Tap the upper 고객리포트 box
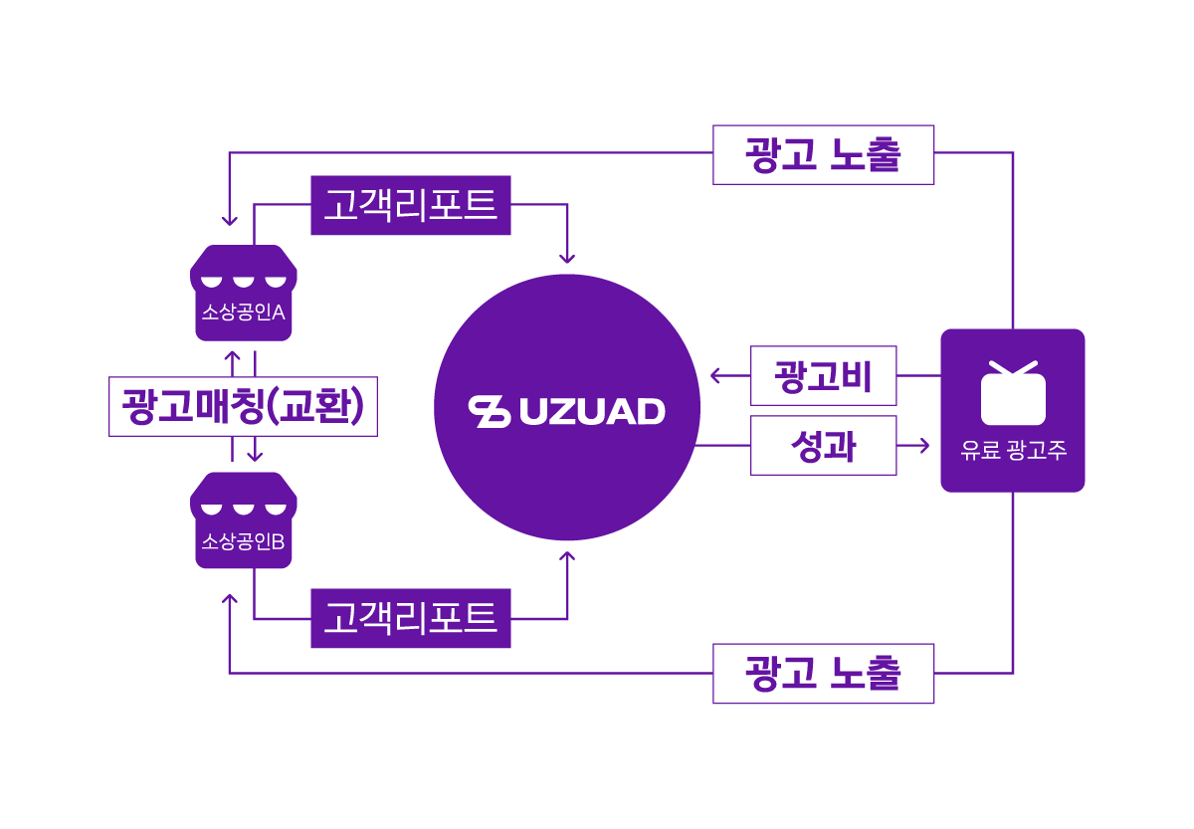tap(410, 205)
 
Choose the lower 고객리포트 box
tap(410, 618)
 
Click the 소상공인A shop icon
tap(244, 293)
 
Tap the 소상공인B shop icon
tap(244, 520)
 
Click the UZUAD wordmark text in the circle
tap(592, 412)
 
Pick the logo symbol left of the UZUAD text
tap(490, 412)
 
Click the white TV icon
tap(1013, 393)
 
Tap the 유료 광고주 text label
tap(1013, 450)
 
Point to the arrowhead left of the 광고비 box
tap(715, 376)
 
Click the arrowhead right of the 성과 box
tap(924, 446)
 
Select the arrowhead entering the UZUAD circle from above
tap(567, 259)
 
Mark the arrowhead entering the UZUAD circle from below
tap(567, 556)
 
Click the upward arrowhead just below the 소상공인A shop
tap(232, 355)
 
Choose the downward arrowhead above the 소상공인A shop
tap(229, 221)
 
